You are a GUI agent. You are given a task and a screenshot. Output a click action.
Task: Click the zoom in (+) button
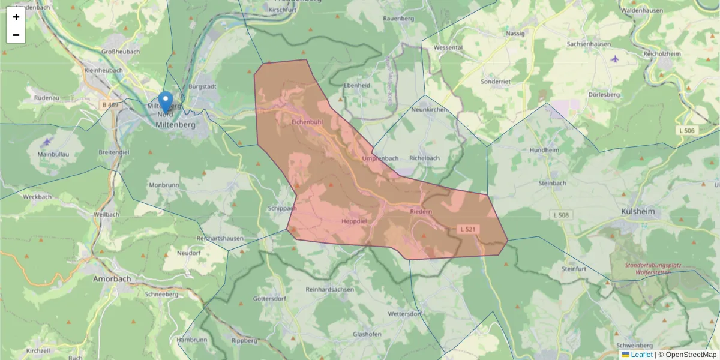point(16,17)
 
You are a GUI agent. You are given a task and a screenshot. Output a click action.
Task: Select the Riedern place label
point(421,212)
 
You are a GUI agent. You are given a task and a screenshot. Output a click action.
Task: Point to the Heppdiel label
point(353,221)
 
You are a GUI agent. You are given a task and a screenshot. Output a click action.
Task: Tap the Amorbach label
point(112,279)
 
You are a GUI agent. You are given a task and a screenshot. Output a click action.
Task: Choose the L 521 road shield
point(468,229)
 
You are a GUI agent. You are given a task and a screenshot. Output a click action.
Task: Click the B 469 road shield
point(110,105)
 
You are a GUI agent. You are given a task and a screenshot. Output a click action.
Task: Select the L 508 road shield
point(562,215)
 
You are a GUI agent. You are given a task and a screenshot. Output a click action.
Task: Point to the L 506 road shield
point(688,131)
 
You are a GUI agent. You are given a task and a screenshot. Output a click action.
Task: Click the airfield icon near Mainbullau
point(48,142)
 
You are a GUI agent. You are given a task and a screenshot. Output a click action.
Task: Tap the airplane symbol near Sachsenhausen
point(614,59)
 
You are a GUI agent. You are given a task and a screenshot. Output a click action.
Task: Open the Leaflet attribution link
point(641,355)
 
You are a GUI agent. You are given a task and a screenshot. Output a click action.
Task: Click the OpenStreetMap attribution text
point(687,355)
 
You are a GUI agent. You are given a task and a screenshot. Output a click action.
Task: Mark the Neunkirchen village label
point(430,110)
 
